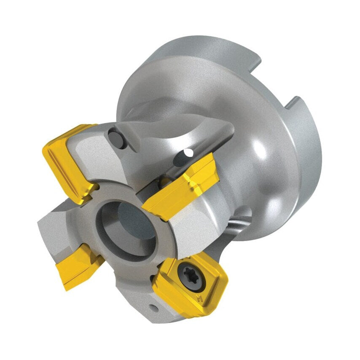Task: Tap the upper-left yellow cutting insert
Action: click(67, 160)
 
